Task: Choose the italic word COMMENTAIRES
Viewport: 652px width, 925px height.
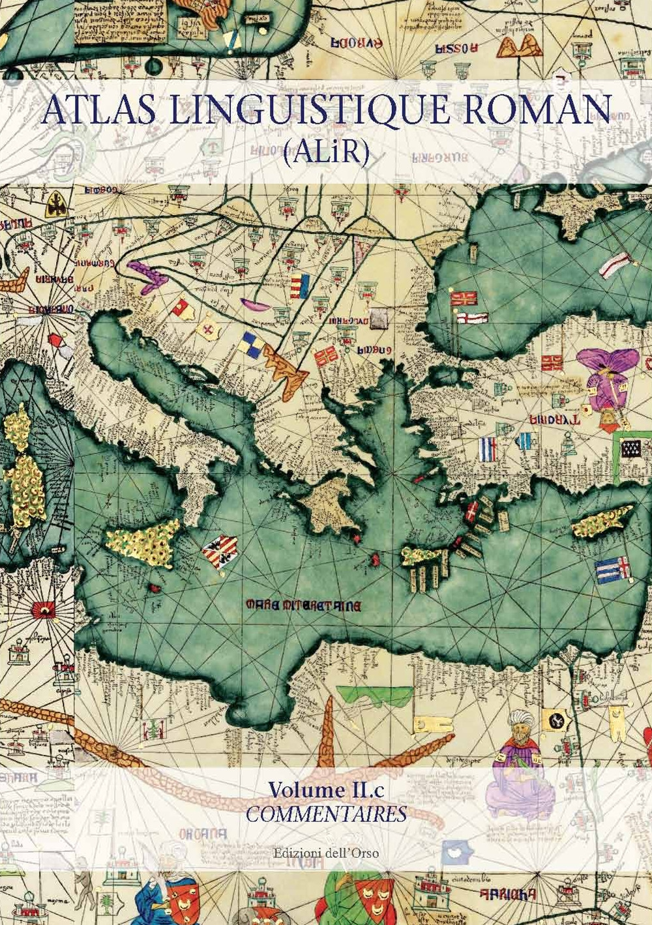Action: [x=326, y=814]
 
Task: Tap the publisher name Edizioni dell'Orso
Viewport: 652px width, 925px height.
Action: [x=326, y=852]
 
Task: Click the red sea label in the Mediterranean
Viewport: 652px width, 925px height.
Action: [x=303, y=605]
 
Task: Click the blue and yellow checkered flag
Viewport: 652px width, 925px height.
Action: [x=250, y=343]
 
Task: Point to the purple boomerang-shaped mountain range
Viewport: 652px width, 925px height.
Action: [x=148, y=274]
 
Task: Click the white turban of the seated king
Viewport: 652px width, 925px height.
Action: [x=518, y=720]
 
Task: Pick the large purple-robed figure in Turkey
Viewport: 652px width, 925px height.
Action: [x=610, y=378]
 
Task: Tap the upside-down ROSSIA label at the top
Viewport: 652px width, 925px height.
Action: [x=457, y=47]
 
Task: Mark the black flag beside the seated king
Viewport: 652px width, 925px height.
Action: [x=556, y=720]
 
